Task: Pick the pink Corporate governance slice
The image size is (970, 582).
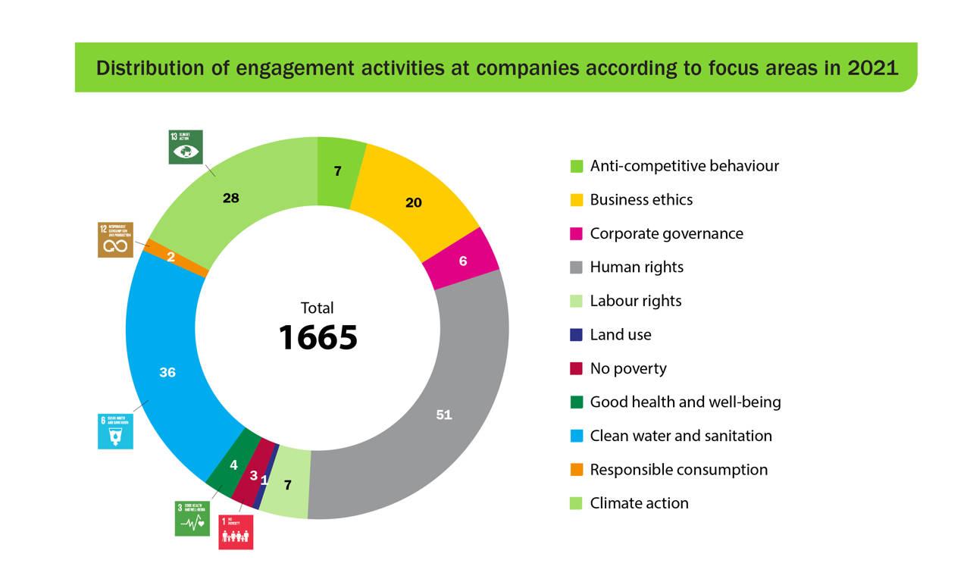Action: click(x=462, y=260)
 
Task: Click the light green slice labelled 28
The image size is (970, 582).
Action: click(x=231, y=197)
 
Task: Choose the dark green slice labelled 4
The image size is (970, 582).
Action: click(x=233, y=464)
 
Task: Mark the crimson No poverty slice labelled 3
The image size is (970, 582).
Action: click(x=253, y=475)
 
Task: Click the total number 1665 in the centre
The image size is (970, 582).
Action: click(x=318, y=337)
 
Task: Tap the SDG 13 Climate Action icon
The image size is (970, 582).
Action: click(x=186, y=147)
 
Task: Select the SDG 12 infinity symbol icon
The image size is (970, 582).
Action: click(x=115, y=239)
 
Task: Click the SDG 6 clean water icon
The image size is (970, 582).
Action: click(x=115, y=431)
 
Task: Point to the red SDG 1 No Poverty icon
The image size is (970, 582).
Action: click(x=236, y=532)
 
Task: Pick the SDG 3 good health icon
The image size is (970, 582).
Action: click(x=192, y=518)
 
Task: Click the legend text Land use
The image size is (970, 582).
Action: click(x=620, y=335)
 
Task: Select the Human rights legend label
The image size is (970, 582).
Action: click(x=637, y=268)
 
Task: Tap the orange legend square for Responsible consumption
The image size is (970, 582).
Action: click(x=577, y=470)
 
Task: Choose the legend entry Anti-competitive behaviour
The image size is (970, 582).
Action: click(x=684, y=166)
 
